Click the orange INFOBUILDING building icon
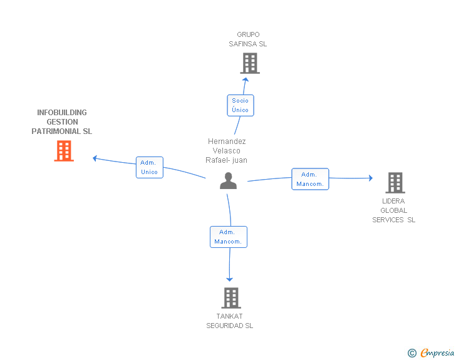[x=64, y=151]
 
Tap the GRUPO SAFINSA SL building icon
[x=250, y=63]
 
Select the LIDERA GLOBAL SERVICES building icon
[x=395, y=183]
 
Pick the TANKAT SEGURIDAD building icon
[x=231, y=298]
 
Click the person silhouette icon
[x=228, y=181]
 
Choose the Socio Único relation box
[x=241, y=105]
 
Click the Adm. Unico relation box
[x=150, y=168]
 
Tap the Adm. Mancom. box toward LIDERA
[x=310, y=179]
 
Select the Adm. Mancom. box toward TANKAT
[x=229, y=237]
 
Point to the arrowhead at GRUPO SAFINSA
[x=246, y=80]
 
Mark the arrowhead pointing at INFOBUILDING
[x=95, y=158]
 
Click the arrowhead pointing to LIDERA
[x=371, y=178]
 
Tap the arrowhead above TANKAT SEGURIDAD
[x=229, y=280]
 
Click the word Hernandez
[x=227, y=141]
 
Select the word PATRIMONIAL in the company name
[x=56, y=131]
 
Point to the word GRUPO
[x=248, y=34]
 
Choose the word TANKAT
[x=229, y=316]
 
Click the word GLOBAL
[x=394, y=210]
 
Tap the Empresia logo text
[x=437, y=353]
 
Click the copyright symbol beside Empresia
[x=412, y=353]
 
